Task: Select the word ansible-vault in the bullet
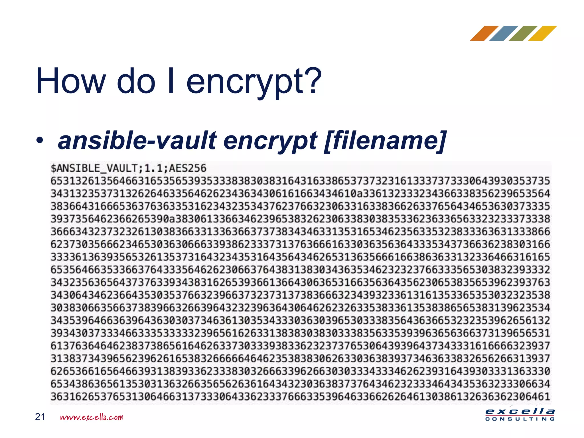[137, 141]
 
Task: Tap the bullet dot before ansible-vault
[40, 140]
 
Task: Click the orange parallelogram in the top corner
[484, 33]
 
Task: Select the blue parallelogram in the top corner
[504, 33]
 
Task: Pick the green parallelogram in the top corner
[523, 33]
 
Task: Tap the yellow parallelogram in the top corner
[542, 33]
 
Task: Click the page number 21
[40, 417]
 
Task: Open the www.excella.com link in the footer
[92, 417]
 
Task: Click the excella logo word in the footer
[520, 411]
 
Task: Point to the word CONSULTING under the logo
[520, 419]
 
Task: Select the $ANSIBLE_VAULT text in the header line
[94, 168]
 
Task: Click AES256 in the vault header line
[188, 168]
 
